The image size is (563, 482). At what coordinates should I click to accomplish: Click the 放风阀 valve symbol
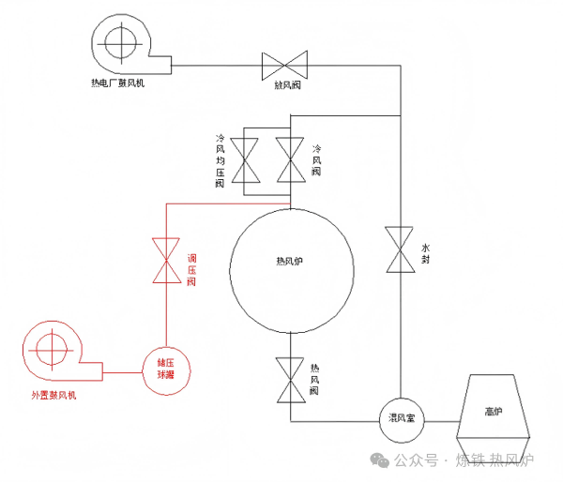point(285,65)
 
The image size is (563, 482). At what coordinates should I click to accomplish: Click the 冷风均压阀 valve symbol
point(251,160)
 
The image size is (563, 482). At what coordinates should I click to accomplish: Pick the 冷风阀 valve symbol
point(289,160)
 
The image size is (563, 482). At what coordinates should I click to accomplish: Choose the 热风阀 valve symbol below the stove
point(289,380)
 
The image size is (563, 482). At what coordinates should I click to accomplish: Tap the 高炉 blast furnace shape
point(493,410)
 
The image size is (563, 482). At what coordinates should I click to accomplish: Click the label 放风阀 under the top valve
point(286,85)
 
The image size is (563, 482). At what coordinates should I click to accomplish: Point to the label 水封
point(425,247)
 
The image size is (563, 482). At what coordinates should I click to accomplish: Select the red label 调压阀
point(191,269)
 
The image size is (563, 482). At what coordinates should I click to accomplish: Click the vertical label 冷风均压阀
point(220,160)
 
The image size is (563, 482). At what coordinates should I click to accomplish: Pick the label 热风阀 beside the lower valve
point(315,379)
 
